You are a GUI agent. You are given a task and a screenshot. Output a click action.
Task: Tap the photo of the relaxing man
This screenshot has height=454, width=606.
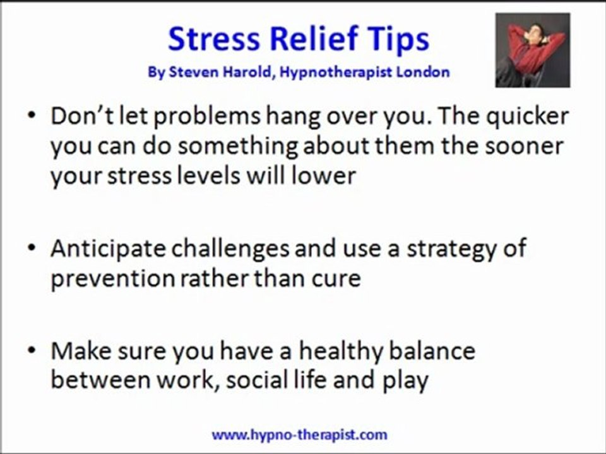(x=532, y=50)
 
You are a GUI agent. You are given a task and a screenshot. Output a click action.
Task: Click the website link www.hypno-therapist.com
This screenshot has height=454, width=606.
(x=299, y=434)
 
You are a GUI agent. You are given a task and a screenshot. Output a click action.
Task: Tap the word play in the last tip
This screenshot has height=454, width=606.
(x=405, y=381)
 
